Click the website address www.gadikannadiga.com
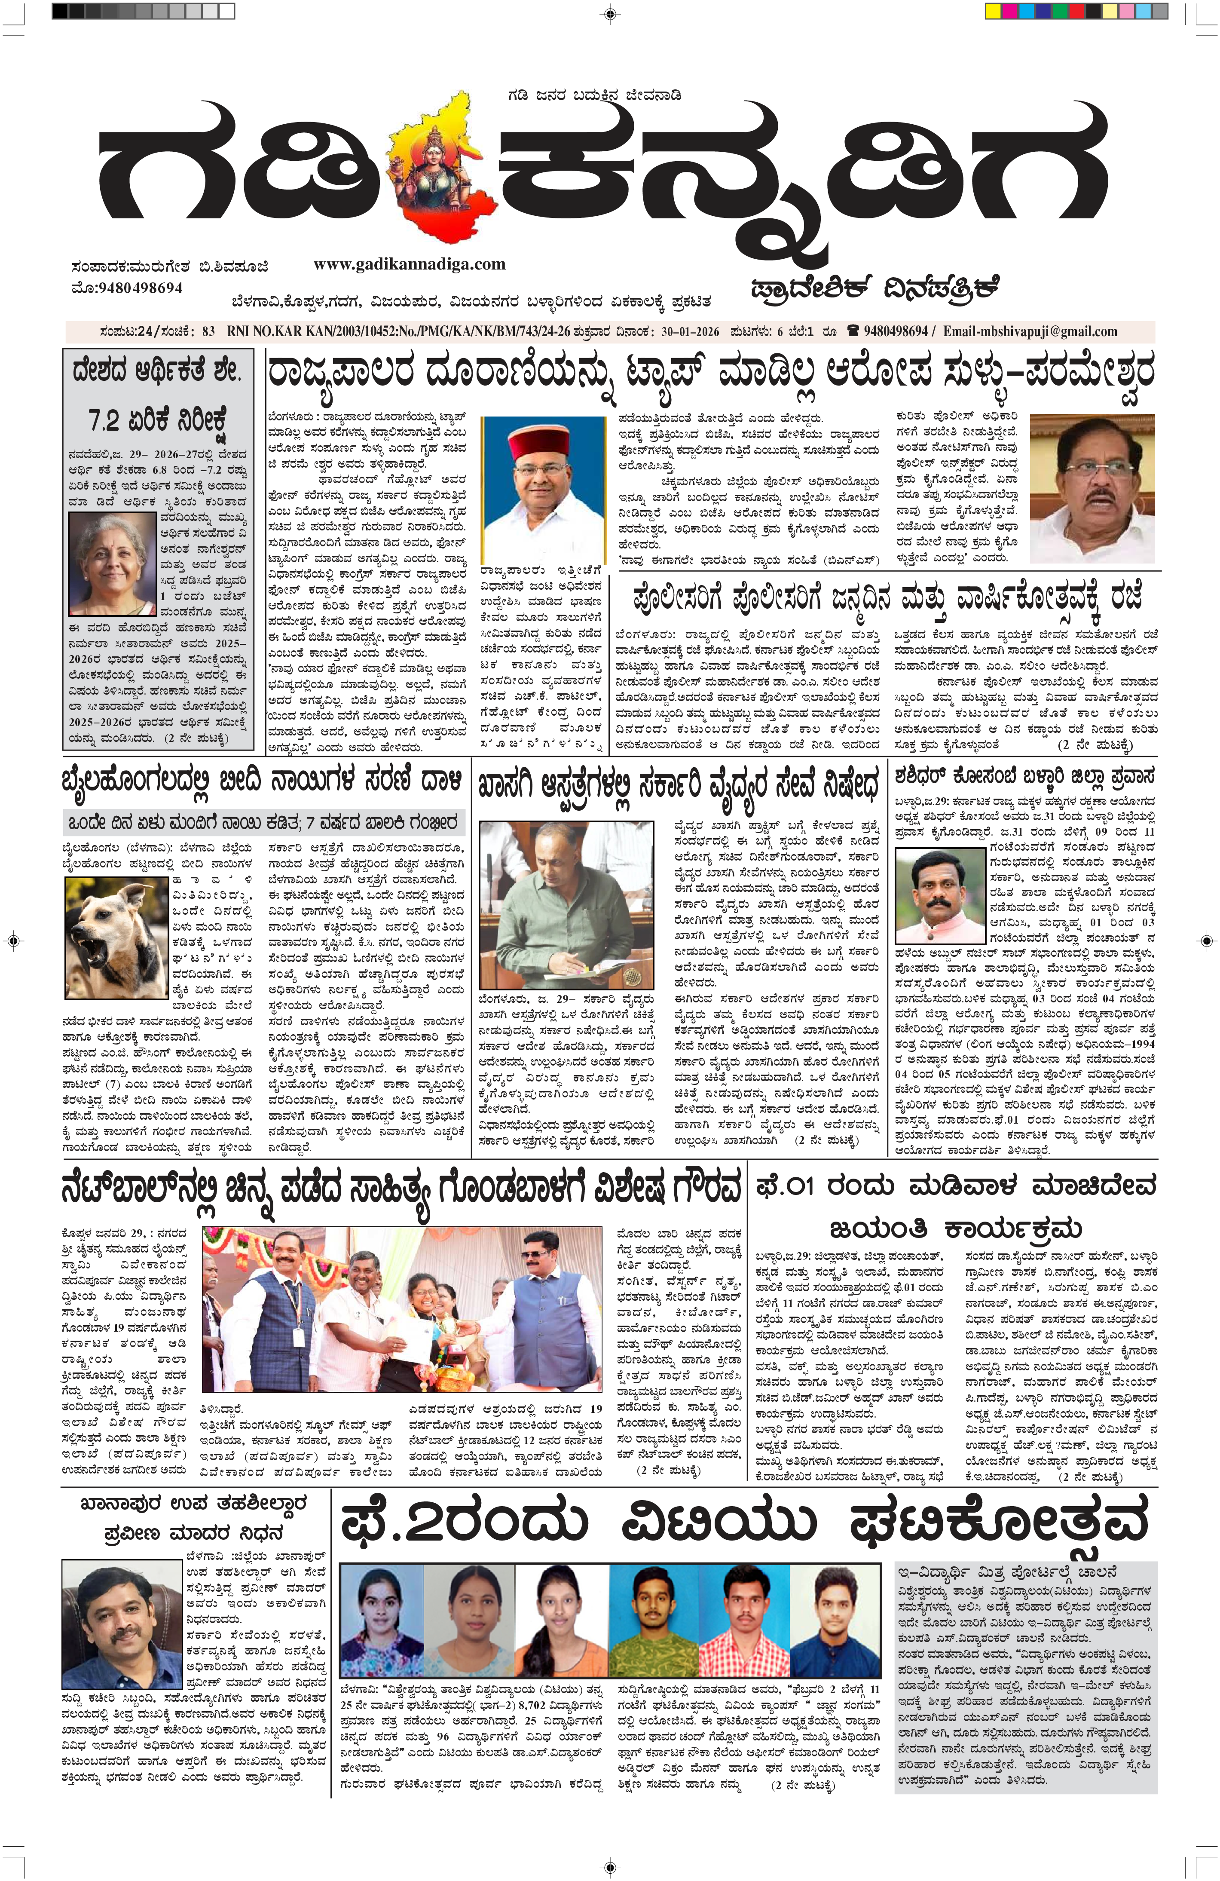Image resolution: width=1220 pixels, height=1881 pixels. pos(409,264)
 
